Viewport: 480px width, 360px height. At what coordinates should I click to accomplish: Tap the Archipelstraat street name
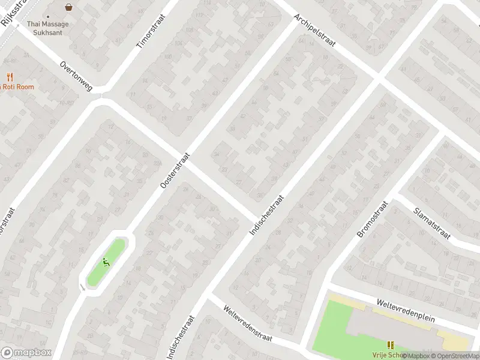click(x=314, y=32)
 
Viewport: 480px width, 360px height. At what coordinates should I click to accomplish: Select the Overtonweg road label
click(x=76, y=76)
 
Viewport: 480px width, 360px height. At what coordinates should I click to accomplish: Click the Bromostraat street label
click(x=373, y=220)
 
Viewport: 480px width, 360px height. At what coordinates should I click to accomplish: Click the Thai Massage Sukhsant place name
click(x=48, y=28)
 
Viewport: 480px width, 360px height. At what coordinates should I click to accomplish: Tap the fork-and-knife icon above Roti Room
click(x=10, y=77)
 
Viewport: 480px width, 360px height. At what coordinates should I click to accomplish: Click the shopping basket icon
click(x=68, y=8)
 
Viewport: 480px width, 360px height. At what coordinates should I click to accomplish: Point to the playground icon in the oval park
click(x=106, y=262)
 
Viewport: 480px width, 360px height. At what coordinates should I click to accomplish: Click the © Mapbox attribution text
click(x=416, y=356)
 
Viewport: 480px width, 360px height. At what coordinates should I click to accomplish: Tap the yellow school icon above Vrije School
click(x=391, y=345)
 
